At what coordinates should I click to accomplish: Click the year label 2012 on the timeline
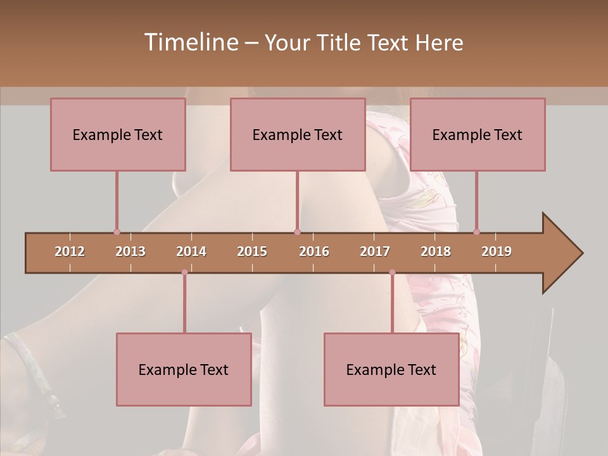(70, 251)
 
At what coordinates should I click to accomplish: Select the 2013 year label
(130, 251)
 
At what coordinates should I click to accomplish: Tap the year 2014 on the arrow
(191, 251)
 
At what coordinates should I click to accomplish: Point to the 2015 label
(252, 251)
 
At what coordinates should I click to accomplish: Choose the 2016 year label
(314, 251)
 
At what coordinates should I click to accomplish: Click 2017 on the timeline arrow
(375, 251)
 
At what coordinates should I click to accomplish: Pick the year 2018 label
(436, 251)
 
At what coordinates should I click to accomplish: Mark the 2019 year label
(497, 251)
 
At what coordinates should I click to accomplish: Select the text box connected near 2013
(118, 135)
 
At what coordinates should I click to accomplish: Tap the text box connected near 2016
(298, 135)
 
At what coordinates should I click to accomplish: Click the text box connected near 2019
(478, 135)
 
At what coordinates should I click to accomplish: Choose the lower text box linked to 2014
(184, 370)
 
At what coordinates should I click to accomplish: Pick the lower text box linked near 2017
(391, 370)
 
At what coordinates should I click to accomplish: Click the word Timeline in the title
(191, 42)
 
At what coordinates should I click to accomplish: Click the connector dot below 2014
(184, 272)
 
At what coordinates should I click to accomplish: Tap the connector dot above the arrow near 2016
(297, 232)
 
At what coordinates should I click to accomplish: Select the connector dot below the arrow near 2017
(392, 272)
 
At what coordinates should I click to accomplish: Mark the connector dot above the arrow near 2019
(476, 232)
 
